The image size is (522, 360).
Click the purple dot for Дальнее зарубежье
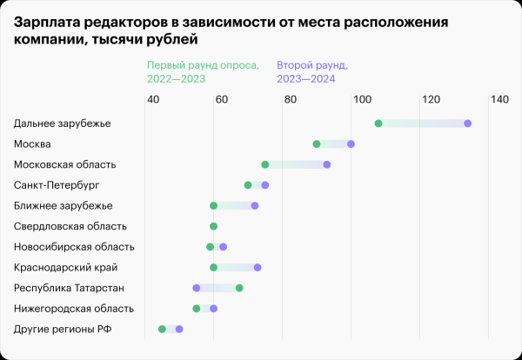point(467,123)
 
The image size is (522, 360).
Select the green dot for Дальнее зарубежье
point(378,123)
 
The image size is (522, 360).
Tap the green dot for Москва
point(316,144)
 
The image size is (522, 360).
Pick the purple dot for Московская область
point(326,164)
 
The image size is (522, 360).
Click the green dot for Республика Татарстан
point(239,288)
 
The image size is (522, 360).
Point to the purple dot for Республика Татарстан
point(197,288)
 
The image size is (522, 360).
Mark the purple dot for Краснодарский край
point(257,267)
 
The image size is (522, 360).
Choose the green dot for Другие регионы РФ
point(162,329)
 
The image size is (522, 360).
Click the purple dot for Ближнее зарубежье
point(254,206)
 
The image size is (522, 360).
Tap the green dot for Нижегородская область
point(197,308)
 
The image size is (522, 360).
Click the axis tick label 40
point(152,100)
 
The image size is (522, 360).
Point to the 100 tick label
point(360,100)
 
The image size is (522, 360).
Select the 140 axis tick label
point(499,100)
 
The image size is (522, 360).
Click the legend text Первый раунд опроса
point(202,65)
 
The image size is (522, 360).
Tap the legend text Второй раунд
point(311,65)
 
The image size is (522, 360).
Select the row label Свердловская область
point(72,226)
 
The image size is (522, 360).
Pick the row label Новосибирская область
point(74,247)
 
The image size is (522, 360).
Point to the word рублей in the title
point(169,40)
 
